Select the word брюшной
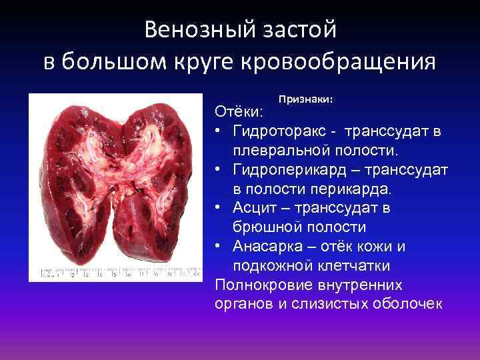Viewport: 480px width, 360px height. (263, 227)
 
